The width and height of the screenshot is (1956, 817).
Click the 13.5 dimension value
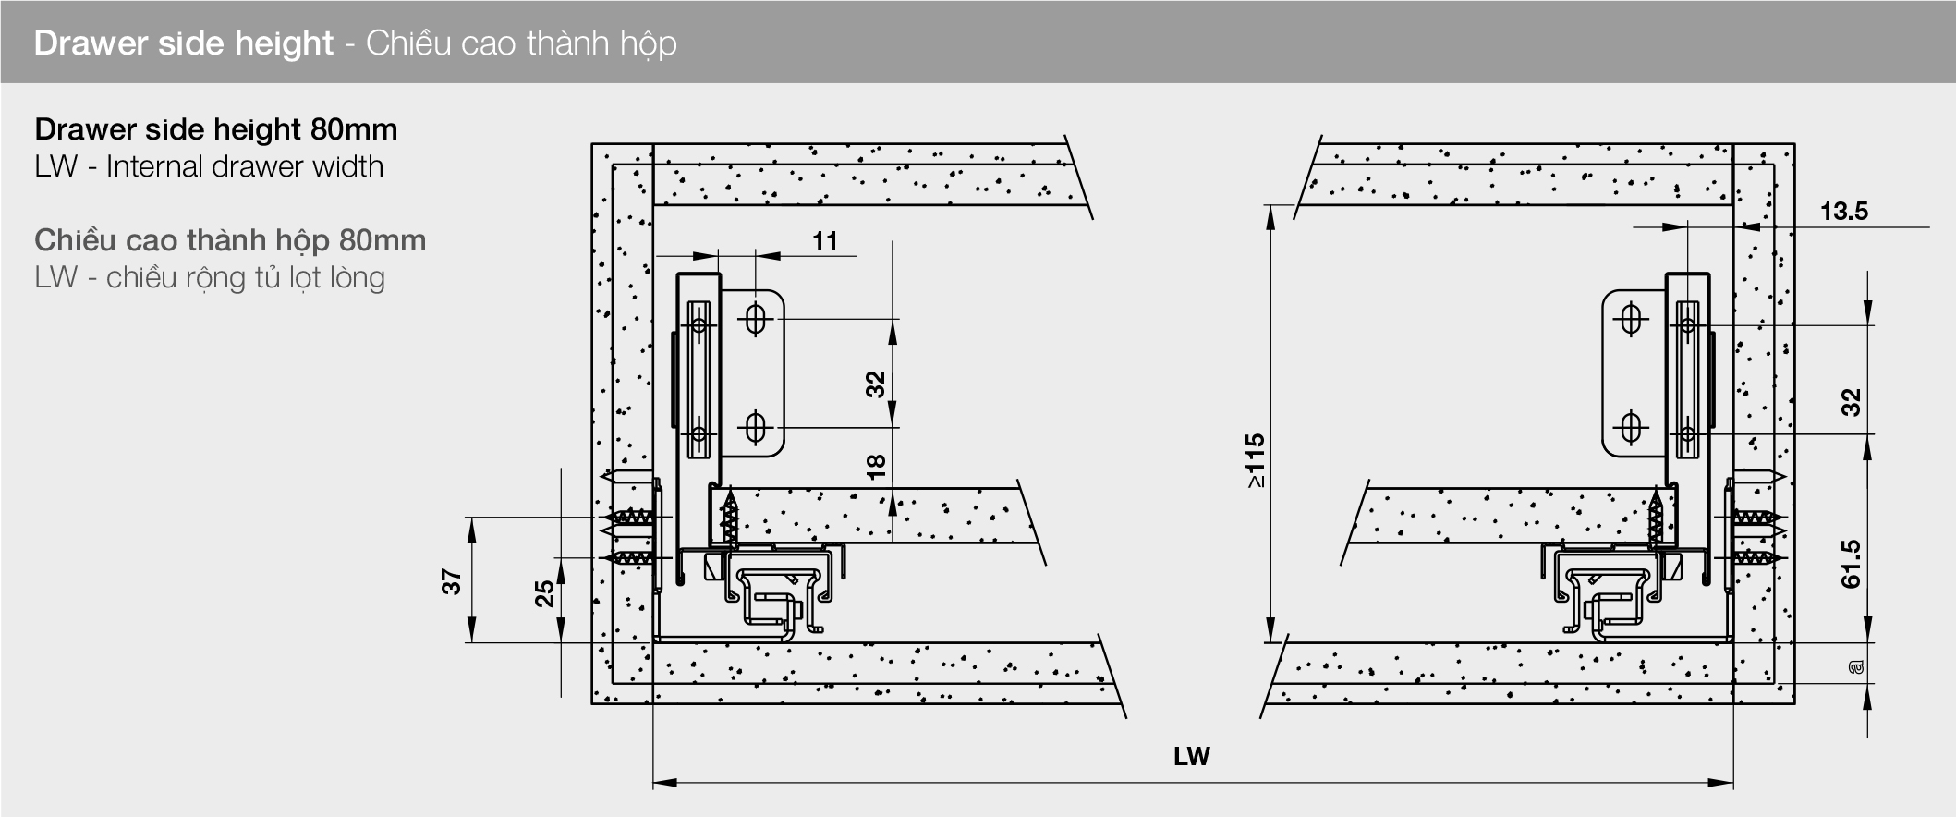coord(1843,212)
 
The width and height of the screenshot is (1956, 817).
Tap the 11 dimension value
coord(825,241)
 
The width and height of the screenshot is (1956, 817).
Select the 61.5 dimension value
coord(1851,564)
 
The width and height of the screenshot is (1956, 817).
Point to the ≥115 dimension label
coord(1254,460)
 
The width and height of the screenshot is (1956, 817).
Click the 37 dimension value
coord(451,582)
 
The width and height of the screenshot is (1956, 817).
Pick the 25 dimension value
coord(545,592)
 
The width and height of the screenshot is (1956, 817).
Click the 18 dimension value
coord(876,466)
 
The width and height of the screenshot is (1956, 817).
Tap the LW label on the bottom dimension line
coord(1191,757)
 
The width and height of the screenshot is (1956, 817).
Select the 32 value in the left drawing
coord(876,384)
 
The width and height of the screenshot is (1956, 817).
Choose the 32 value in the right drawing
coord(1851,403)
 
